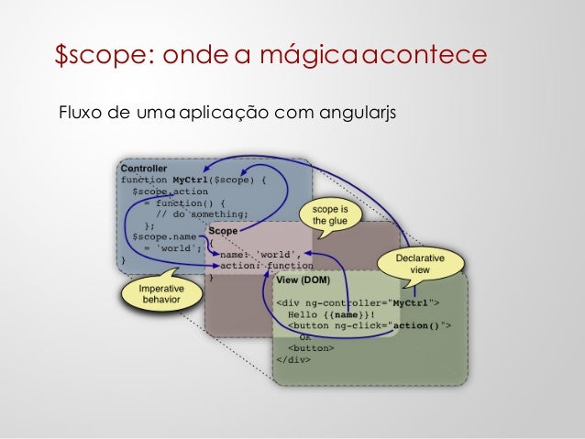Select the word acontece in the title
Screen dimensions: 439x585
[426, 56]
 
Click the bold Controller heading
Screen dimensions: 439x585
[144, 169]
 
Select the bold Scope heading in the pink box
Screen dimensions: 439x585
[223, 232]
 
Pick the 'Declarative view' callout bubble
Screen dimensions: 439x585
[419, 264]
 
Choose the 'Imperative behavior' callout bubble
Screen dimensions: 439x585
[160, 294]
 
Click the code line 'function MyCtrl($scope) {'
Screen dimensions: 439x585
[193, 181]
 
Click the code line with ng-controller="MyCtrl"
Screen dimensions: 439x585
[359, 302]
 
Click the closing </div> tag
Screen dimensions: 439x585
[293, 359]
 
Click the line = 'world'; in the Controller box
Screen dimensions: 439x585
[171, 248]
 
